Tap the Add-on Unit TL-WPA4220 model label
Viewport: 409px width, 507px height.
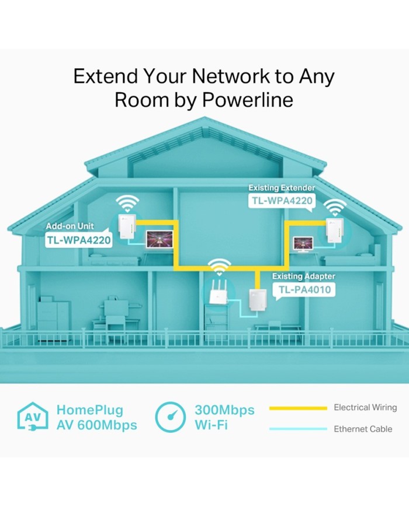coord(79,239)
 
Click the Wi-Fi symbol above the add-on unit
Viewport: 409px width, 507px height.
coord(127,203)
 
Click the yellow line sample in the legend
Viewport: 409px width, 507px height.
coord(298,408)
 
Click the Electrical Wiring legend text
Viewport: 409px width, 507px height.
coord(365,407)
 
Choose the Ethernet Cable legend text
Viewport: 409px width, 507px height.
coord(363,429)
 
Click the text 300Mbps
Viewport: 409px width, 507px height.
coord(224,410)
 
